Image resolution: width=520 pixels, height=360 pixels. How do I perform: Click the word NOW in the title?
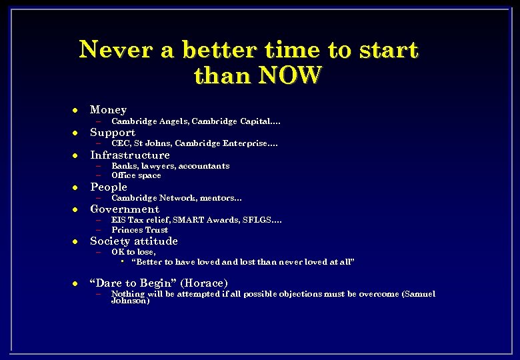(291, 75)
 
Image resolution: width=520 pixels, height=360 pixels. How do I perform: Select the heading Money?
(108, 109)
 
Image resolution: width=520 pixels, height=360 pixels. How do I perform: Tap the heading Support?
(113, 132)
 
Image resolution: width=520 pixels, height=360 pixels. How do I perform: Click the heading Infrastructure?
(130, 155)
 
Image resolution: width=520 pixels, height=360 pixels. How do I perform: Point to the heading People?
(109, 187)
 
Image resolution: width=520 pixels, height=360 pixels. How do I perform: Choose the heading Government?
(125, 209)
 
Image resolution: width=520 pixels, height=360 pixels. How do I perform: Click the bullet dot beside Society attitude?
(76, 241)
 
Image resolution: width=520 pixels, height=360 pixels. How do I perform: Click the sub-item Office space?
(136, 175)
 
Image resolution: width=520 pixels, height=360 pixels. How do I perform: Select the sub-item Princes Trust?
(139, 230)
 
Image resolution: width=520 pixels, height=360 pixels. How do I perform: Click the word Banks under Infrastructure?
(123, 166)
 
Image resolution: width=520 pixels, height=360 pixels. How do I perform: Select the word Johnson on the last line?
(130, 301)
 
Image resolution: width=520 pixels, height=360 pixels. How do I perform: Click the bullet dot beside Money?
(76, 110)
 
